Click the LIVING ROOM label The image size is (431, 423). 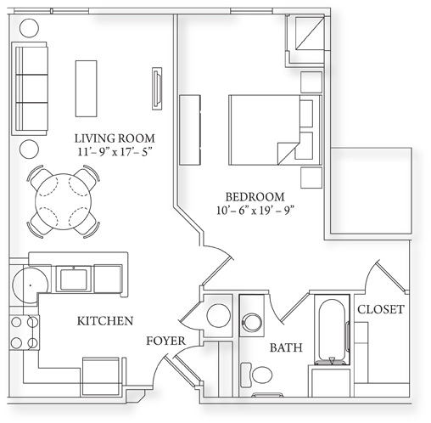(115, 138)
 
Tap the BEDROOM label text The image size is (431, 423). (255, 197)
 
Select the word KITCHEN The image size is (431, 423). (105, 321)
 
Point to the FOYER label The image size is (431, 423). (165, 341)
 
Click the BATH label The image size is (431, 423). (286, 347)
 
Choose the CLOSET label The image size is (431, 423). (381, 309)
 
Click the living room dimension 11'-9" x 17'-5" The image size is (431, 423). (115, 152)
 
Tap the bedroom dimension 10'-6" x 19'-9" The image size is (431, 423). (255, 211)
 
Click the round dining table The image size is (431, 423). (64, 201)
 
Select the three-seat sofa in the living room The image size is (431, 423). (30, 88)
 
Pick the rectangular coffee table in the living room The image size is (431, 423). (87, 88)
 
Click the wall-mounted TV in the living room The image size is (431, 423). (157, 88)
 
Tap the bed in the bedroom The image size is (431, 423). (275, 130)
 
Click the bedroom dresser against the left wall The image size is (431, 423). (190, 130)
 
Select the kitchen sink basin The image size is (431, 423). (74, 279)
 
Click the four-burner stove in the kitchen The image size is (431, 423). (25, 332)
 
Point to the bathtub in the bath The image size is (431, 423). (333, 330)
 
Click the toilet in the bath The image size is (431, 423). (256, 375)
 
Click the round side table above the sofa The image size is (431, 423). (29, 28)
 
